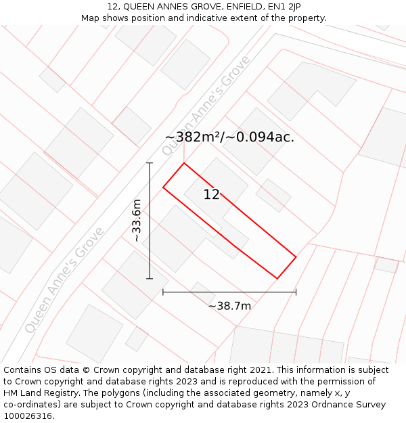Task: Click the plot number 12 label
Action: tap(211, 195)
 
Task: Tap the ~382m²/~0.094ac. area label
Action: tap(229, 137)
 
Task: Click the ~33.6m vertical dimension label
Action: tap(137, 221)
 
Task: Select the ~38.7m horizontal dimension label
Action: tap(229, 306)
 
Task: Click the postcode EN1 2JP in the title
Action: tap(279, 7)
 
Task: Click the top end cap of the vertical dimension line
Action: tap(150, 163)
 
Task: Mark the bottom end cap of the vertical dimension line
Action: tap(150, 278)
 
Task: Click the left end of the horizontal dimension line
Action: tap(163, 292)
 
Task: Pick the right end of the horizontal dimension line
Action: tap(296, 292)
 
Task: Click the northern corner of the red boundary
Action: tap(184, 163)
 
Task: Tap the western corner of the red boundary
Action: tap(163, 187)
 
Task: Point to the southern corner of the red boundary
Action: tap(277, 278)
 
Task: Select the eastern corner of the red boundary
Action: tap(296, 257)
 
